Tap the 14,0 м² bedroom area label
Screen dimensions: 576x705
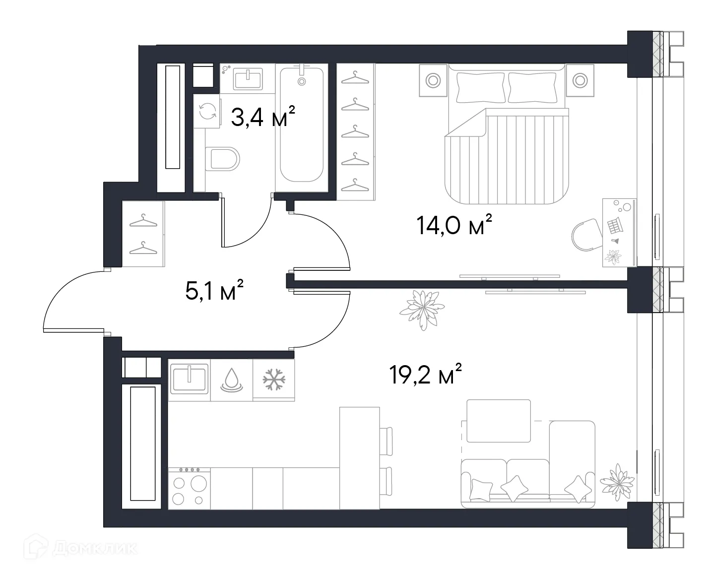coord(454,225)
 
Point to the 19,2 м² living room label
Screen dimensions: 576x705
coord(426,374)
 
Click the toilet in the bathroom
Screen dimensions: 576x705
coord(222,159)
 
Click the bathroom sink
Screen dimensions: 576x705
coord(248,78)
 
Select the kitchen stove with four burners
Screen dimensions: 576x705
coord(189,488)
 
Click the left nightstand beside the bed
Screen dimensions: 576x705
coord(433,80)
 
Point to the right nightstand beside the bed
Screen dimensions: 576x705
coord(579,80)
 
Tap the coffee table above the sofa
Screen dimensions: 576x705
coord(498,421)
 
